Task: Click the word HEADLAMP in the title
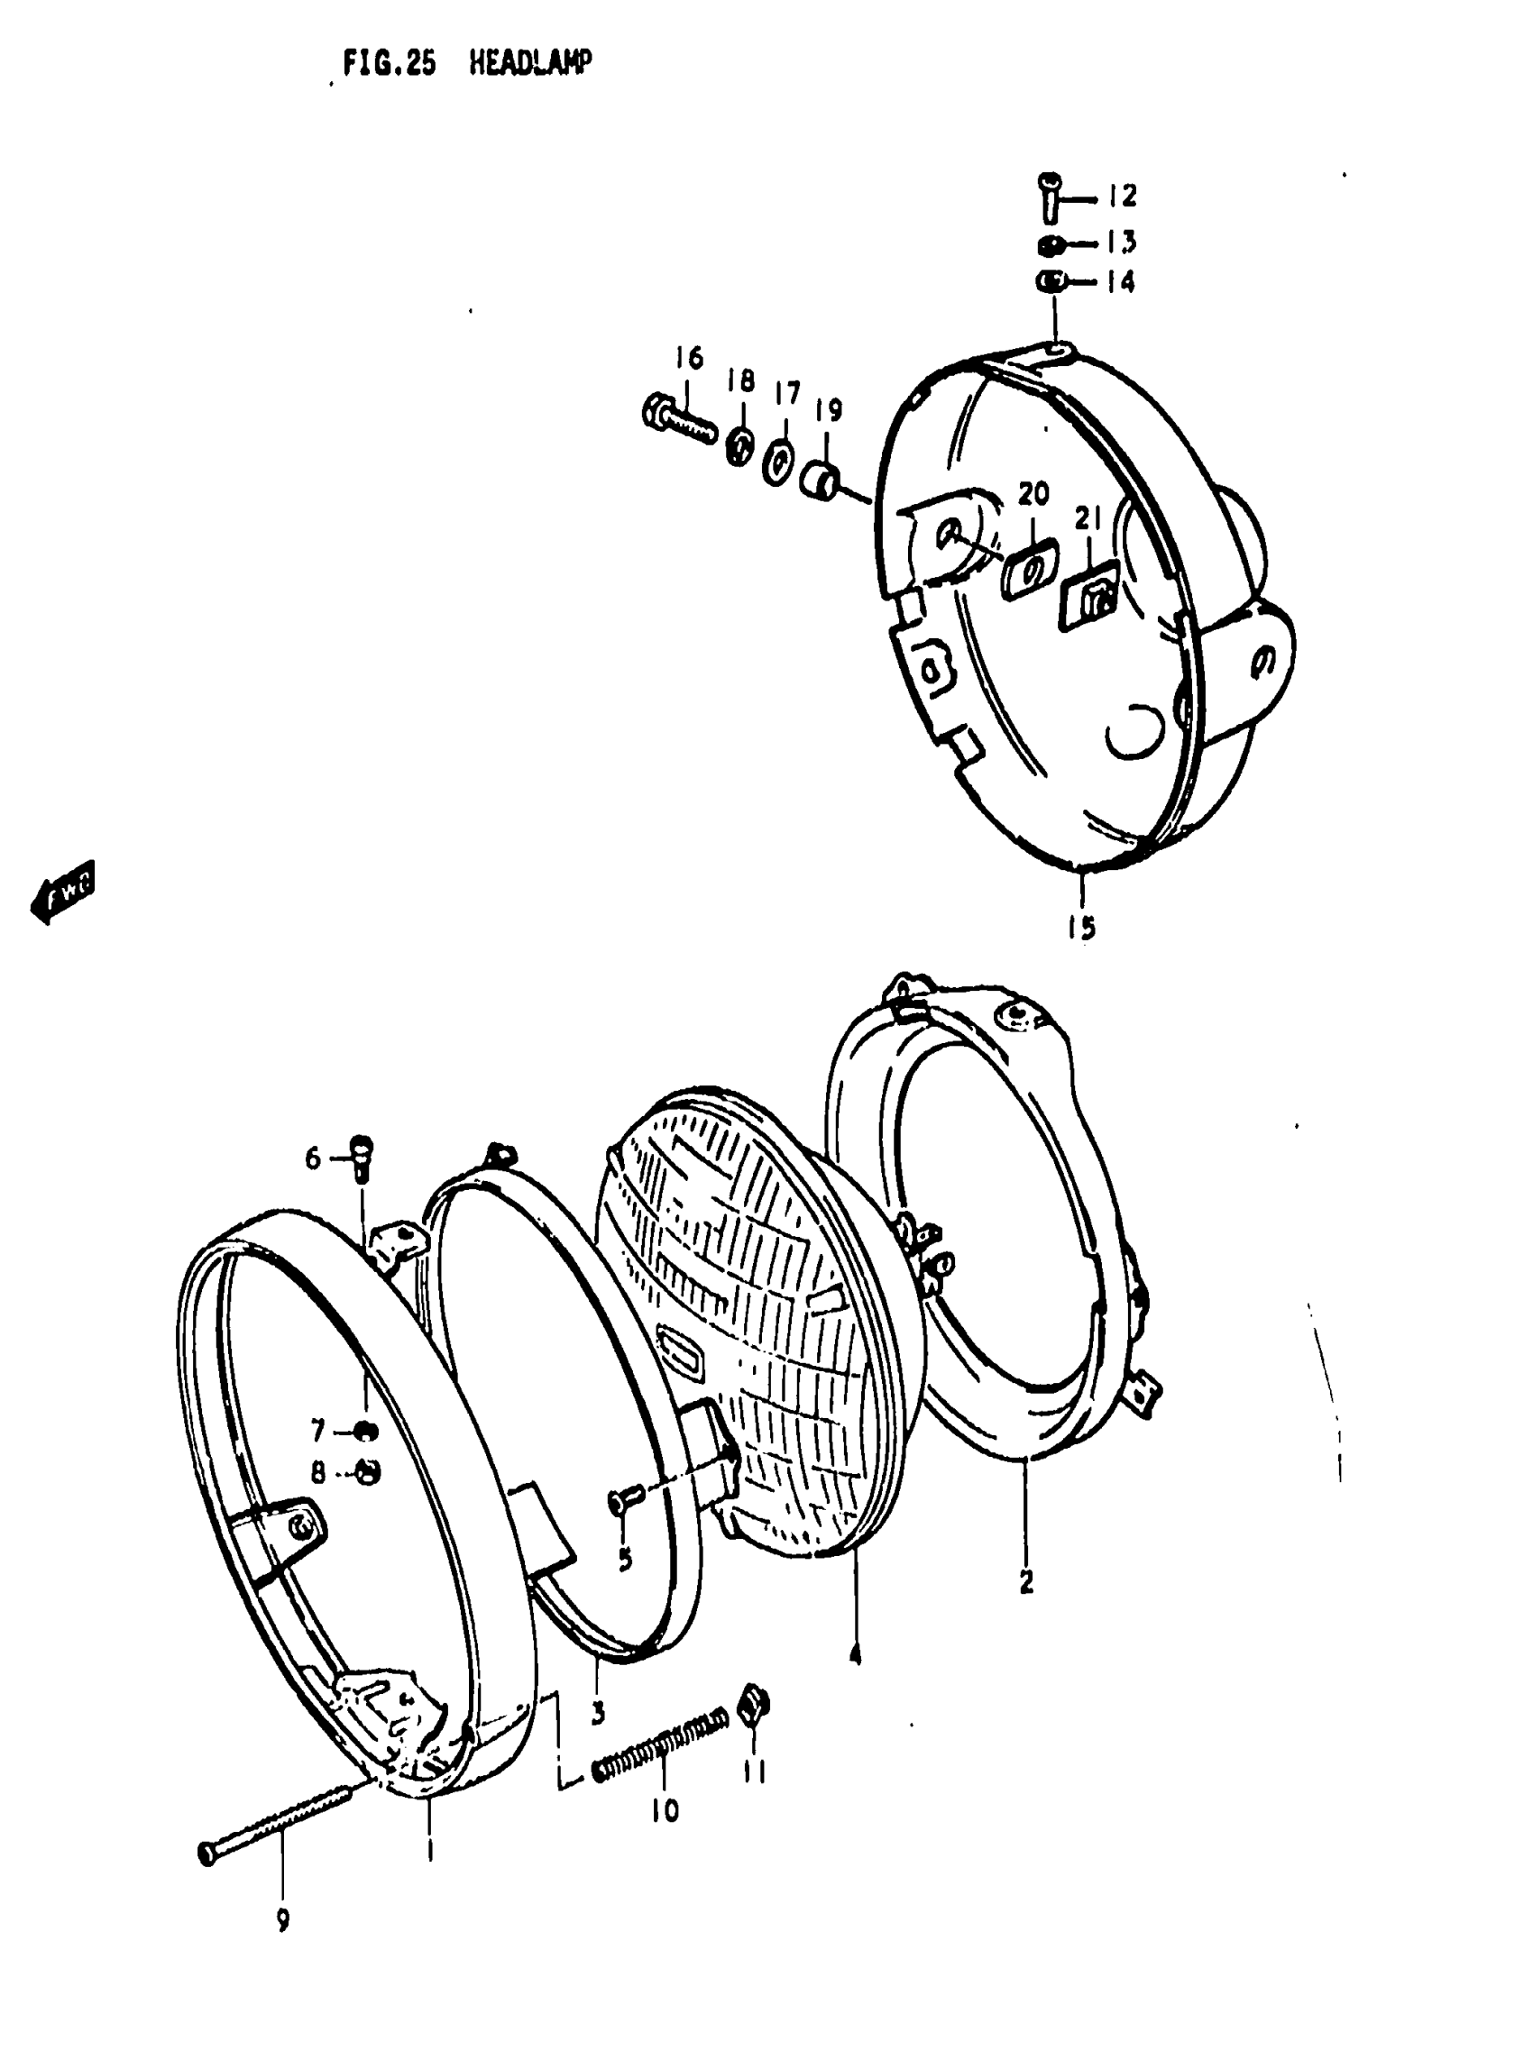[530, 63]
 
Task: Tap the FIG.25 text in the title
[389, 64]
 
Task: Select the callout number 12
[1121, 196]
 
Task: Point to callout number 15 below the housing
[1081, 927]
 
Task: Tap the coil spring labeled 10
[660, 1745]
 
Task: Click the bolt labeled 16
[679, 420]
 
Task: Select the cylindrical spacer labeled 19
[822, 478]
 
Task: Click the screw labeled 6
[362, 1155]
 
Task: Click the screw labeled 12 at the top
[1050, 194]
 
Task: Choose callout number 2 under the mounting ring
[1026, 1579]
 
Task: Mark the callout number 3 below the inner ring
[598, 1713]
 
